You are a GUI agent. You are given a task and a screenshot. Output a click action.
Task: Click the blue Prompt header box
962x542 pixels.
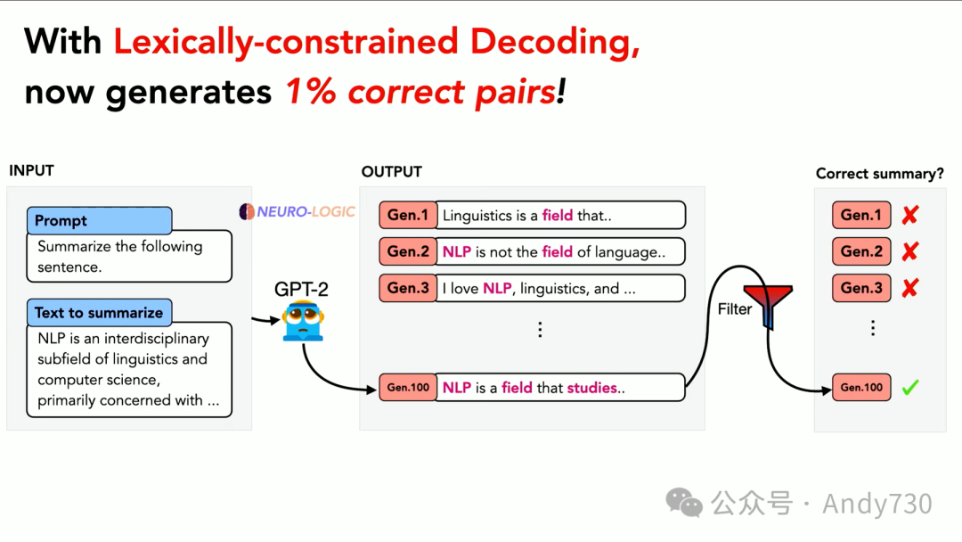(x=100, y=220)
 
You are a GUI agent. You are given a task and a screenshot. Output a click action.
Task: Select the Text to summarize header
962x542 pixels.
(x=100, y=312)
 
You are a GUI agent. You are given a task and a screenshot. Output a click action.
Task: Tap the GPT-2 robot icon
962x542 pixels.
(x=303, y=320)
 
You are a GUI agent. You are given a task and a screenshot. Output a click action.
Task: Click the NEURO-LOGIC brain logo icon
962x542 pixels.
(x=247, y=212)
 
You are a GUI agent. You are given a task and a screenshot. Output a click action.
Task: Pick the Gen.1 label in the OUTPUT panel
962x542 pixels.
(x=408, y=216)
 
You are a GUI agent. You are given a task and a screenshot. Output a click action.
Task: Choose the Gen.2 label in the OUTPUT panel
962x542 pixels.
(x=408, y=251)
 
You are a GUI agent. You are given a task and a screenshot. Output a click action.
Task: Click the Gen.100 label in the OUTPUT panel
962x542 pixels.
(x=408, y=387)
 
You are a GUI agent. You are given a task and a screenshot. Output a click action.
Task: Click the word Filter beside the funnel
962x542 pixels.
(x=734, y=309)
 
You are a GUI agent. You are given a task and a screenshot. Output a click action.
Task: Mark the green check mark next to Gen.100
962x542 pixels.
(x=910, y=387)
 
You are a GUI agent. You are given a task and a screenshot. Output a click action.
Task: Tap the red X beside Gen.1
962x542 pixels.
(x=910, y=215)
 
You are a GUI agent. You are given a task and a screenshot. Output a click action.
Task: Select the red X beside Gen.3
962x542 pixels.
(x=910, y=287)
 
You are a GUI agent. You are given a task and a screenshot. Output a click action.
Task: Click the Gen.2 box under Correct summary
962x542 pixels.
(x=861, y=251)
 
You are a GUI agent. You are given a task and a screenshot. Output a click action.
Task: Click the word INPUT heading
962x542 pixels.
(x=31, y=170)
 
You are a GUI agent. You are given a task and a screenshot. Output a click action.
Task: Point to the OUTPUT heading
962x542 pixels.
(x=391, y=172)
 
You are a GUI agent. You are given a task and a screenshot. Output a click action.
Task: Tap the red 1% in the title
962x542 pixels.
(x=311, y=92)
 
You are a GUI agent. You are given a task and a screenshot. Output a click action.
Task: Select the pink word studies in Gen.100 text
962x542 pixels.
(x=592, y=388)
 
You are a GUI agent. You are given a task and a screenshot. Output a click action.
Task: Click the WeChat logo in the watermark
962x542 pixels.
(x=684, y=503)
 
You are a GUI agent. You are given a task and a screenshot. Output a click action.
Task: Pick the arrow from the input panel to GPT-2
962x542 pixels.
(x=265, y=320)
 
